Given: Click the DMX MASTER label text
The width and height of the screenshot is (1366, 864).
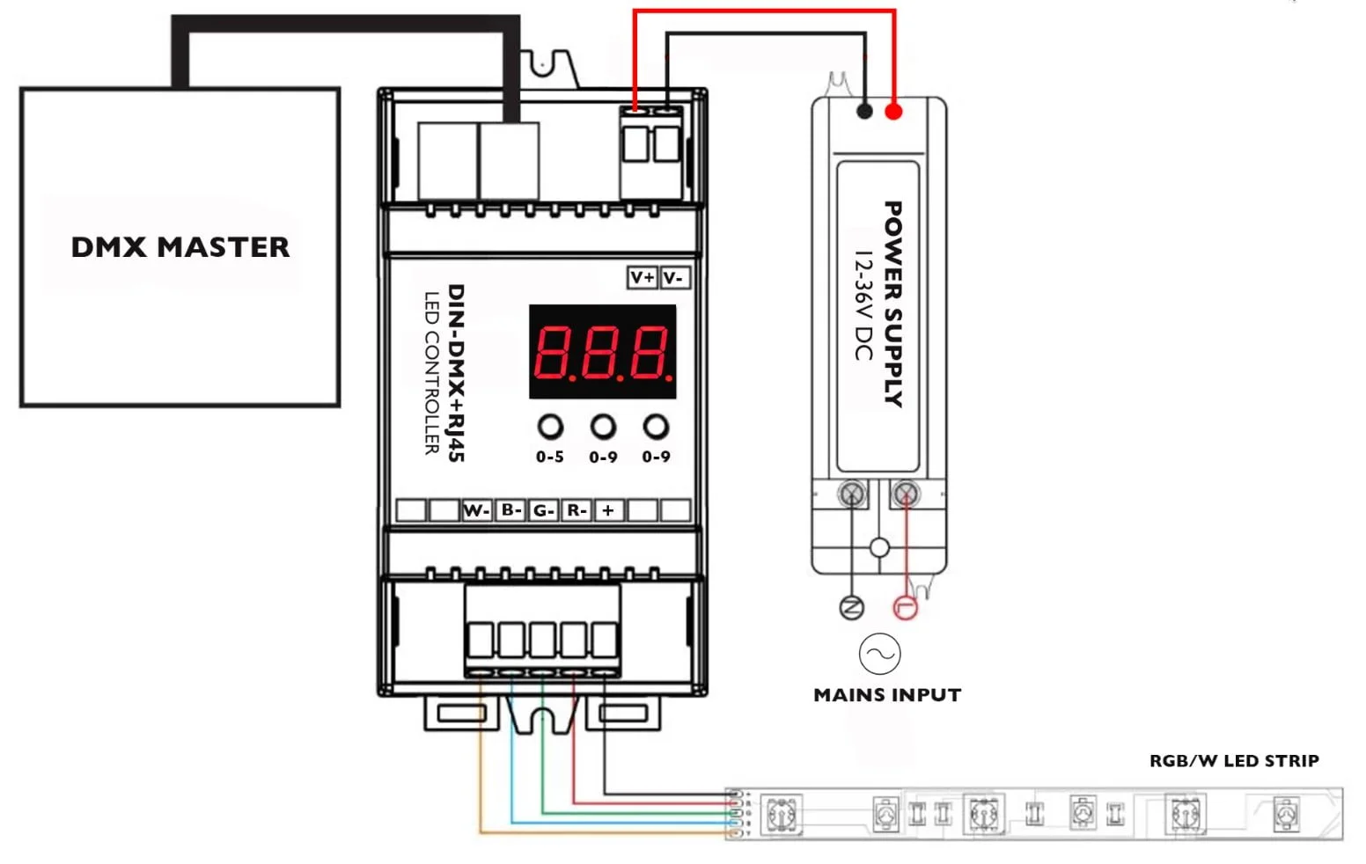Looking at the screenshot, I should click(x=180, y=247).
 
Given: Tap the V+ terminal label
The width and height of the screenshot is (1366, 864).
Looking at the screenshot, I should click(x=643, y=278).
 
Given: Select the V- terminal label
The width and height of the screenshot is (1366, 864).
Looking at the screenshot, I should click(x=673, y=278).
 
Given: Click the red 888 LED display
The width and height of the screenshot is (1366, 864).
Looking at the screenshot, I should click(x=603, y=352).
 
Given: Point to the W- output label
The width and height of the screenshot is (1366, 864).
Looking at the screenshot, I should click(x=476, y=510).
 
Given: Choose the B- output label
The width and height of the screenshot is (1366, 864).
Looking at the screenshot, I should click(x=510, y=510).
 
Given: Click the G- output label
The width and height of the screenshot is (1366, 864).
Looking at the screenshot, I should click(x=543, y=510).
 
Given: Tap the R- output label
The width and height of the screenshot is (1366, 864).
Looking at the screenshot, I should click(x=577, y=510).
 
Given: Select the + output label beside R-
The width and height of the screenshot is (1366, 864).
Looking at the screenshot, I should click(x=608, y=510).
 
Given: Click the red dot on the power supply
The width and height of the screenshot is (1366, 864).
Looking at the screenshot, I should click(x=893, y=112).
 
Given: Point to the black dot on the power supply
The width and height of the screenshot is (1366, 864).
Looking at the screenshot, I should click(x=864, y=112).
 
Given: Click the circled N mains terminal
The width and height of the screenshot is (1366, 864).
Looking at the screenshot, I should click(x=851, y=607).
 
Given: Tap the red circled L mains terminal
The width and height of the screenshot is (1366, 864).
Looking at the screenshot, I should click(x=906, y=607).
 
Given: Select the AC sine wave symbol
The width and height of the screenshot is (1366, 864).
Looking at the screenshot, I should click(x=879, y=654).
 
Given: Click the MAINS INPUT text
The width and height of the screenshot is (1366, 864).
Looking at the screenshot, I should click(x=887, y=695).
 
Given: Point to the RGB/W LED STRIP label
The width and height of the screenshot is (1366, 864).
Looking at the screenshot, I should click(x=1234, y=761).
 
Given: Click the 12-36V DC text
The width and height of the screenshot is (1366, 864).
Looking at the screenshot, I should click(x=863, y=305).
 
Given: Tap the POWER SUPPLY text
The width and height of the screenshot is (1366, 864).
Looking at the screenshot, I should click(x=892, y=304).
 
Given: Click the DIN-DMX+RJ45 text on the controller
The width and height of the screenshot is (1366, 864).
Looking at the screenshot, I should click(x=456, y=373).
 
